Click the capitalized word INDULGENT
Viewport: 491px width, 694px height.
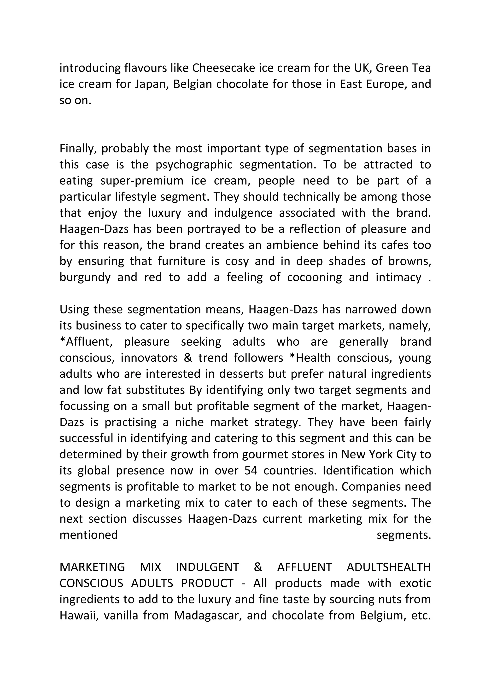[207, 567]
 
